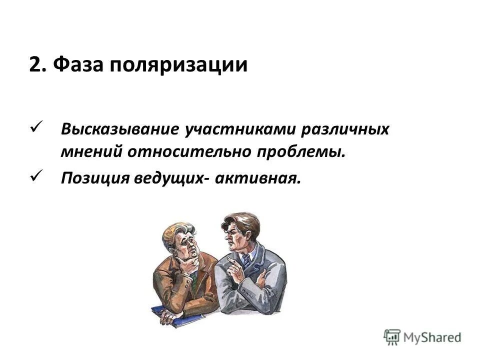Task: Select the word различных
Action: [345, 130]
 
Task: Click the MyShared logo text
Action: [432, 337]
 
